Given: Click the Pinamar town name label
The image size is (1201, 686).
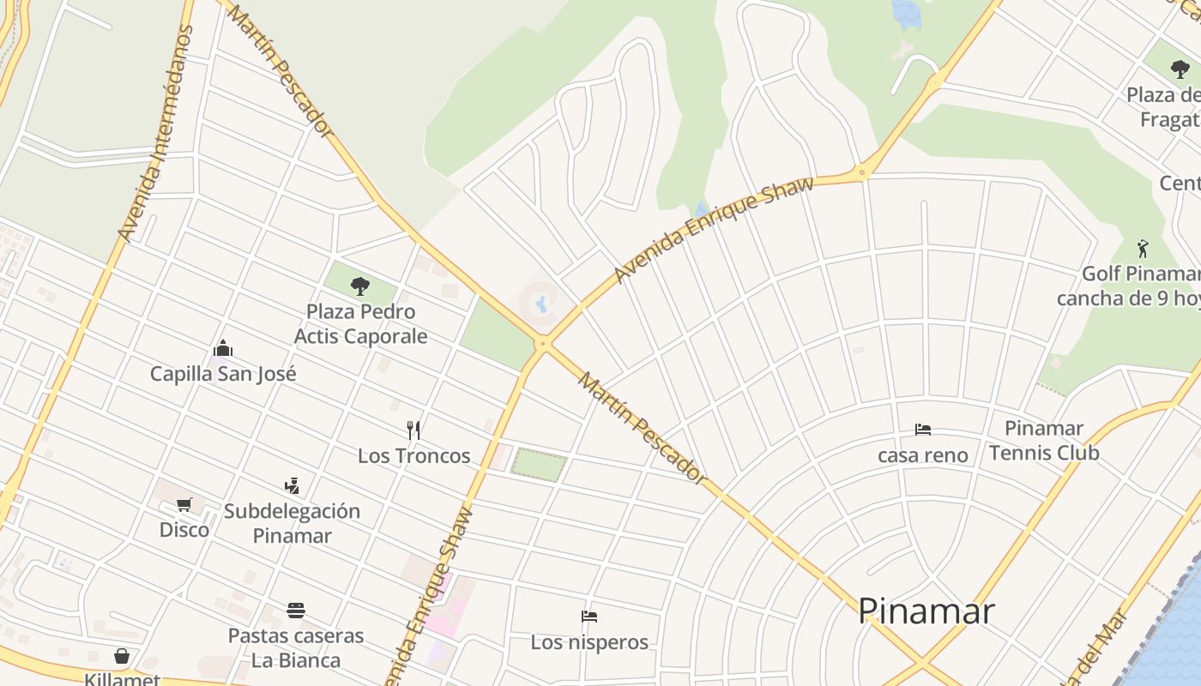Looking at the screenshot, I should pos(926,611).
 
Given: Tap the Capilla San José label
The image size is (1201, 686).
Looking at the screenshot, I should pos(223,374).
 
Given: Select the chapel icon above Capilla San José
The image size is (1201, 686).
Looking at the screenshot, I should pos(223,348).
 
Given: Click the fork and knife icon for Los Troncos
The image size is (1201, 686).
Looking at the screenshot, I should pos(413,430).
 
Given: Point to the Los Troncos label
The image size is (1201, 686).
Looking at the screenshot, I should pos(413,455).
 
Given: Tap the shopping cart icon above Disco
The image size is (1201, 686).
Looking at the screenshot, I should pos(184,504).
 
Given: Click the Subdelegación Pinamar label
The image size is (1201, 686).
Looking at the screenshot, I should pos(292,523).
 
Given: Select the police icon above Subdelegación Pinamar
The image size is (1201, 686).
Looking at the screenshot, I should pos(292,486).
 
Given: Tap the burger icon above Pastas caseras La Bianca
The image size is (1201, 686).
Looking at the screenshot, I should pos(296,611).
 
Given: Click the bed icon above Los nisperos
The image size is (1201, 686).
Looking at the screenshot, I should pos(588,617).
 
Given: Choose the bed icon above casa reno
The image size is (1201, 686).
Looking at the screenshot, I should pos(923,430).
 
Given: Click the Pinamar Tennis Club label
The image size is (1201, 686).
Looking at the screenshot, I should pos(1044,440).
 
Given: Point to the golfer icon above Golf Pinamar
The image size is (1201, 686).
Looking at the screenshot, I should pos(1142,249).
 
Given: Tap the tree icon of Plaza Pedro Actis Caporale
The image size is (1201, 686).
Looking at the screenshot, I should pos(360,286).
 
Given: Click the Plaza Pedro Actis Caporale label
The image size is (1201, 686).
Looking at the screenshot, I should pos(360,323).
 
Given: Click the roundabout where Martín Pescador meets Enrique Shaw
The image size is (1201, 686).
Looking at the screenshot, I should pos(542,344).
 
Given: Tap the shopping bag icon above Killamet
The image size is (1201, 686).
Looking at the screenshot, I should pos(122,656).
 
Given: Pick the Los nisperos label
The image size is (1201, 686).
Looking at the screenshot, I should pos(588,642).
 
